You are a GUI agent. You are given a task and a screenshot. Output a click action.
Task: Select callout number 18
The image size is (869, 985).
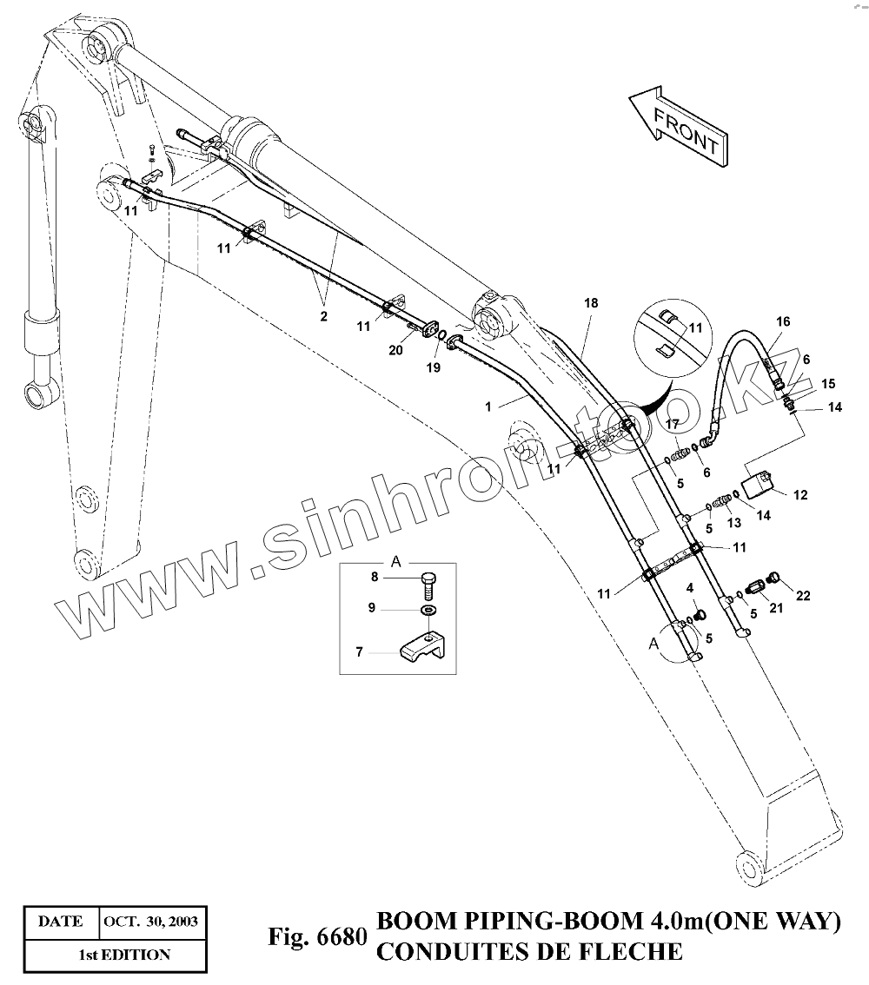click(x=591, y=304)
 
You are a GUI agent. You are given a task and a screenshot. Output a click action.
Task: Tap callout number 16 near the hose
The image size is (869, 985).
click(x=783, y=322)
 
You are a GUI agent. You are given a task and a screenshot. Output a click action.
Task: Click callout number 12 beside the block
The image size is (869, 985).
click(x=800, y=495)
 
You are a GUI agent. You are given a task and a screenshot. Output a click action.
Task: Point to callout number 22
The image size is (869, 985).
click(x=803, y=595)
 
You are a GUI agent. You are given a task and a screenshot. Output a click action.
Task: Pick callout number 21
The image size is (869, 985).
click(x=776, y=608)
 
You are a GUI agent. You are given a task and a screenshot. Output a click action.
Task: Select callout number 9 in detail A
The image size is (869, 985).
click(x=372, y=608)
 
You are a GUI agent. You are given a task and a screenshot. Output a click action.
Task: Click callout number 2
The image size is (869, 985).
click(x=323, y=317)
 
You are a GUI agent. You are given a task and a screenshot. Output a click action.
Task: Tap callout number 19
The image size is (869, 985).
click(x=434, y=367)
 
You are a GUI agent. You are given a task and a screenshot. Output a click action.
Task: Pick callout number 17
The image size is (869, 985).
click(x=671, y=423)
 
